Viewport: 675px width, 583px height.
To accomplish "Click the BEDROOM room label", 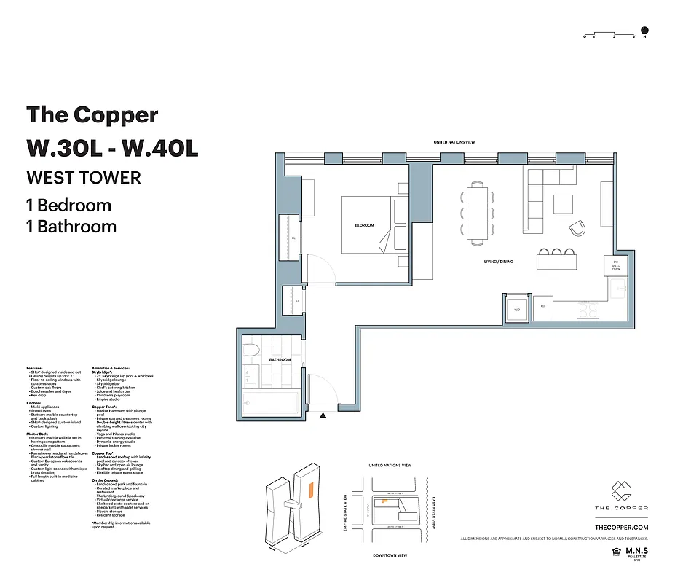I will (364, 225).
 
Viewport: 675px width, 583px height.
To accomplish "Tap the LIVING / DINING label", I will (499, 261).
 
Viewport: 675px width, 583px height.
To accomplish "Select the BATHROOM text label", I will (280, 360).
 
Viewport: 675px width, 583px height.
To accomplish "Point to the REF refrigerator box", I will (542, 307).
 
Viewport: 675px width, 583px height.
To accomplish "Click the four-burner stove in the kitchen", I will (588, 309).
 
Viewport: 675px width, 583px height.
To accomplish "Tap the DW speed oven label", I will (615, 267).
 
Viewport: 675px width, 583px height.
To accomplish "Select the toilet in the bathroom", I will (250, 350).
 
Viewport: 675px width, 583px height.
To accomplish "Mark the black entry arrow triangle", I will (323, 415).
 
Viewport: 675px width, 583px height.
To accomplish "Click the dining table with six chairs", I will (478, 214).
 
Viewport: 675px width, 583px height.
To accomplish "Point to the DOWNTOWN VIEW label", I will (390, 555).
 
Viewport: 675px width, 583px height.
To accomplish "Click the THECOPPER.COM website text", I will (621, 527).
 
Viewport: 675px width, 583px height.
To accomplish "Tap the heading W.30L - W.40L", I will (112, 147).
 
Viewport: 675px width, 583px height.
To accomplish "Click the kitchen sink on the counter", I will (620, 289).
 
